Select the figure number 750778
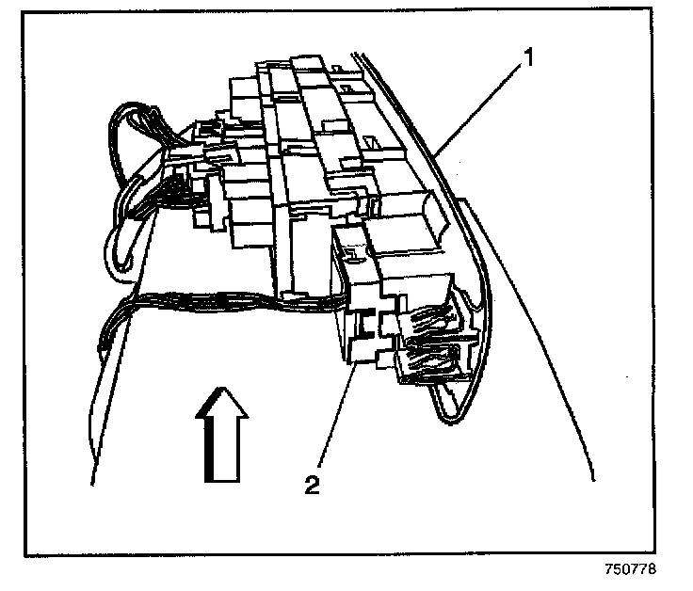tap(630, 569)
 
